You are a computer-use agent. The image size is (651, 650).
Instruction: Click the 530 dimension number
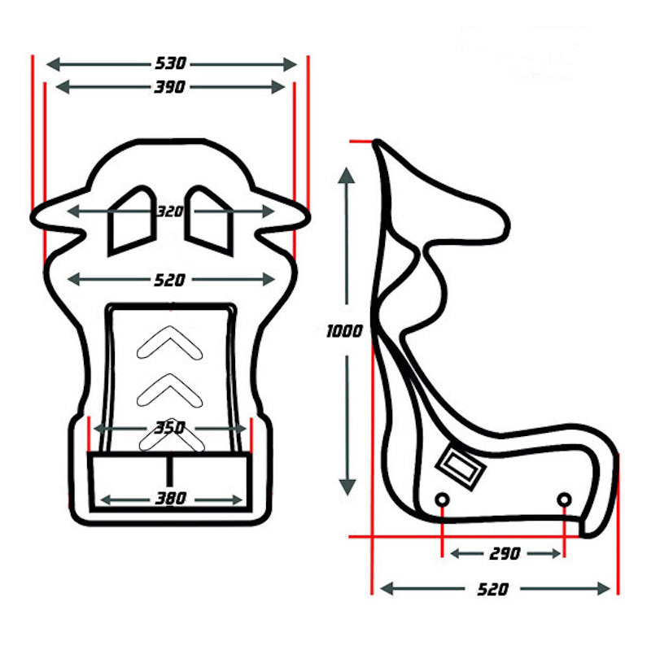click(x=170, y=63)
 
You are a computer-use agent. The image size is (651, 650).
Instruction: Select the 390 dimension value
click(x=170, y=87)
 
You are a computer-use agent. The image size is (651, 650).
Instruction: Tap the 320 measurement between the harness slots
click(x=170, y=212)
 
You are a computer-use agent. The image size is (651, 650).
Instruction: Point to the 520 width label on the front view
click(x=170, y=280)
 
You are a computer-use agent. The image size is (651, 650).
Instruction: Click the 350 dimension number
click(x=170, y=428)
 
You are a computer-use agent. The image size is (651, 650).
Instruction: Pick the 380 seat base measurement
click(x=170, y=498)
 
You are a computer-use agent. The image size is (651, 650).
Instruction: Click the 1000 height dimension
click(x=344, y=332)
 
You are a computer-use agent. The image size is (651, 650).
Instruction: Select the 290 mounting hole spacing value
click(x=505, y=554)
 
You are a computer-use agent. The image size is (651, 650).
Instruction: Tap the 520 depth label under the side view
click(x=494, y=589)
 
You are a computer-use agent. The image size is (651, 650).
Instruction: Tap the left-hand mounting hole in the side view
click(x=442, y=499)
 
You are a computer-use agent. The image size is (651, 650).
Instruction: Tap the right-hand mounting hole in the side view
click(x=564, y=499)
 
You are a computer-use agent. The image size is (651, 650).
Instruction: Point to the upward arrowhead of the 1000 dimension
click(x=347, y=176)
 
